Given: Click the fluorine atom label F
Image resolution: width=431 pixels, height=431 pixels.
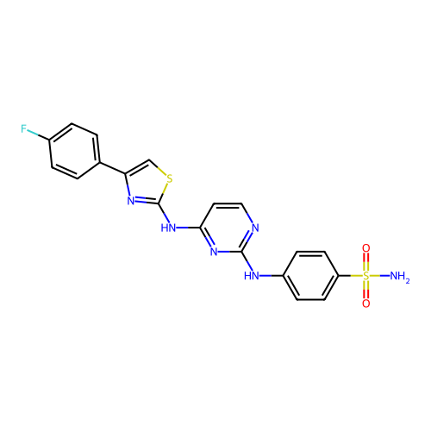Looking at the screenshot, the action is (x=23, y=128).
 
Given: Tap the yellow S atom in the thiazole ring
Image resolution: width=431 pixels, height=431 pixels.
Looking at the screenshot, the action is (x=170, y=178).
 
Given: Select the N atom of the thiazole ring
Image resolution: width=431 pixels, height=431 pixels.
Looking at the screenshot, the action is (x=131, y=200).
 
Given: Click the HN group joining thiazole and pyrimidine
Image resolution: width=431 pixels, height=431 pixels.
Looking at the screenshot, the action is (x=168, y=228).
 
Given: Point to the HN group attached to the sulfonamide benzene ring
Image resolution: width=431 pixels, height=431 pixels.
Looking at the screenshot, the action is (x=252, y=276).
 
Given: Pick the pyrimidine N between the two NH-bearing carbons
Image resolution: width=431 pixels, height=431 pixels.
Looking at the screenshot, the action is (x=214, y=252).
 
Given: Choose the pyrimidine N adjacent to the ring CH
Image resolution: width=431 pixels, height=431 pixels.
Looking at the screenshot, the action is (x=255, y=228).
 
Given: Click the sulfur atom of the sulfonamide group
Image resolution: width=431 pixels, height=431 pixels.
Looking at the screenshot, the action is (x=365, y=276).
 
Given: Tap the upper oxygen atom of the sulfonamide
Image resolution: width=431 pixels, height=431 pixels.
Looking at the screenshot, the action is (x=365, y=248).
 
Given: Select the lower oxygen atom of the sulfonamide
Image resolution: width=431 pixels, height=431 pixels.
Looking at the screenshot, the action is (x=365, y=303).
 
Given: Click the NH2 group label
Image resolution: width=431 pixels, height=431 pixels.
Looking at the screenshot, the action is (x=399, y=277).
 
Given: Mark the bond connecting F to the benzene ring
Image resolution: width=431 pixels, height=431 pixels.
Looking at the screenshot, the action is (x=38, y=135).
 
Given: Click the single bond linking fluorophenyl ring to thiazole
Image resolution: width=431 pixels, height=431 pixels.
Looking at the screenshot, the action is (x=112, y=168).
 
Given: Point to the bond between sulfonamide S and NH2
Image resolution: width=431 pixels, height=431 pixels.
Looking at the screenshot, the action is (x=380, y=276).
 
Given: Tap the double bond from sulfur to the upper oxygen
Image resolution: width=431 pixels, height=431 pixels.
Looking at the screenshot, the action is (x=365, y=262).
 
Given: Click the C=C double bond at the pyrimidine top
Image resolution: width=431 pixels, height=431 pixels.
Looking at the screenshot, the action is (x=228, y=205).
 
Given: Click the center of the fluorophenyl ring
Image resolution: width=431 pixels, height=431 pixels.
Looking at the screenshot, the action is (x=74, y=151).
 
